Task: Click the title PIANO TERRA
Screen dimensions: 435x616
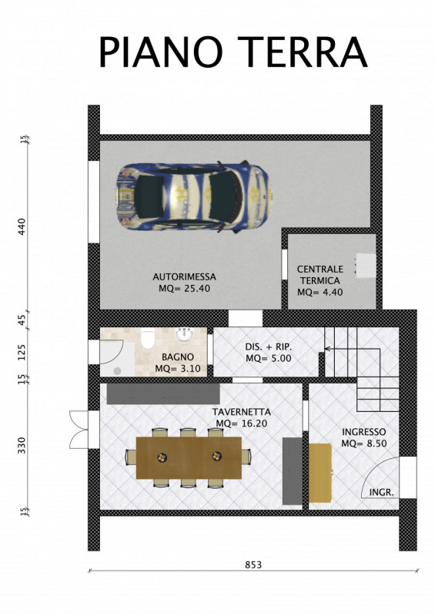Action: [233, 52]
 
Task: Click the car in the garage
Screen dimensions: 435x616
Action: [194, 197]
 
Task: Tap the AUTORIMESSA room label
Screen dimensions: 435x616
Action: [184, 276]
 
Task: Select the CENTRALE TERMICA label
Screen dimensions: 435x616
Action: [320, 275]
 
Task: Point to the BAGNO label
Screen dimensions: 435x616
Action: [178, 357]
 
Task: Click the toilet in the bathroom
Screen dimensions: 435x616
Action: [148, 340]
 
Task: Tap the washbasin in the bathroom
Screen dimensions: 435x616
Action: [184, 335]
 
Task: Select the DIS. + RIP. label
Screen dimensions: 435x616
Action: [269, 347]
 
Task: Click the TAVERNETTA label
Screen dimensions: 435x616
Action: [241, 412]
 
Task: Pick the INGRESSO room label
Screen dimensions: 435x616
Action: [363, 432]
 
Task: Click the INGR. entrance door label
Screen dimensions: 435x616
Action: [381, 492]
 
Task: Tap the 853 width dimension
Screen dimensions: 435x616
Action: [253, 564]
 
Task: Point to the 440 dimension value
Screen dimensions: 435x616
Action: [22, 226]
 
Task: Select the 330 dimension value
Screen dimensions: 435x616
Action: [22, 445]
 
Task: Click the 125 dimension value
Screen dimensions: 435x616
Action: [22, 353]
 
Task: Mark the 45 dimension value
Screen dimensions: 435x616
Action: [22, 320]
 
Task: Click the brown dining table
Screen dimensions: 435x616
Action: [189, 457]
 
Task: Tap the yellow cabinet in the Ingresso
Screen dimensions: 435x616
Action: [320, 473]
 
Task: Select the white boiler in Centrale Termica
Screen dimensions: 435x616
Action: [366, 265]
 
